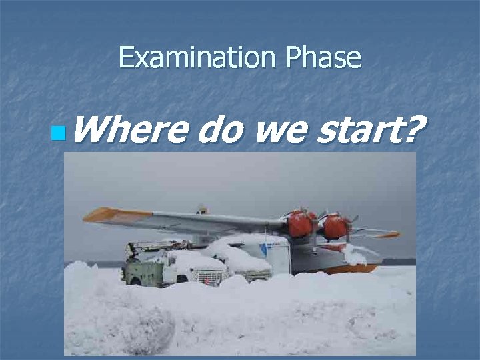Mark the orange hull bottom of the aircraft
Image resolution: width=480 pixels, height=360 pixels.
347,269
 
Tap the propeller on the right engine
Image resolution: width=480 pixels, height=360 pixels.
351,220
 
